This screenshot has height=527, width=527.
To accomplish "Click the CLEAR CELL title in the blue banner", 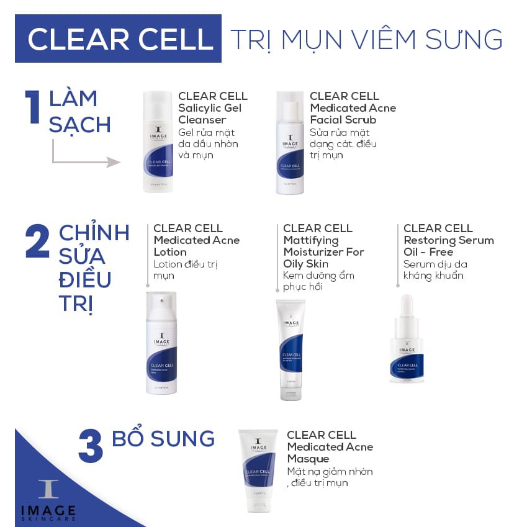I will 120,39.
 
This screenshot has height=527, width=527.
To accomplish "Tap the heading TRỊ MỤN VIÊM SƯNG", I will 366,39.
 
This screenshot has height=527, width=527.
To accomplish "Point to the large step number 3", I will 90,445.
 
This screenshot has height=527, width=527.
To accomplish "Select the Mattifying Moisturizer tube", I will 291,348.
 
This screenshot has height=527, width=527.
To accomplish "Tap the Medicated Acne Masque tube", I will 258,470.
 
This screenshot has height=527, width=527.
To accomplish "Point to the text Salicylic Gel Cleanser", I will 210,114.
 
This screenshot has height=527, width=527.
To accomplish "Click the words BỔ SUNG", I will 163,438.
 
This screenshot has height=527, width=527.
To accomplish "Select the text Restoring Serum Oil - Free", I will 448,246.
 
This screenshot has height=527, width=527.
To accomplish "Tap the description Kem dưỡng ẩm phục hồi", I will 318,281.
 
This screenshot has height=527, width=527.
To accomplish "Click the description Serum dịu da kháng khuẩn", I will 434,270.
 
